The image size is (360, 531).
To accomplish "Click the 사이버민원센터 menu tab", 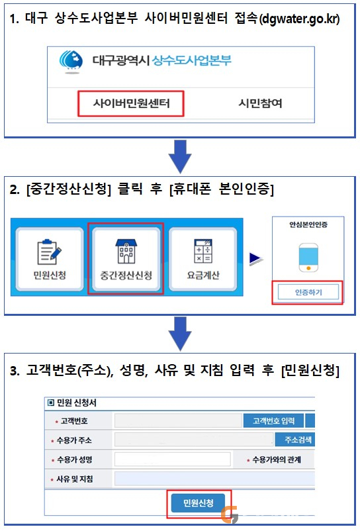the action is (x=131, y=103).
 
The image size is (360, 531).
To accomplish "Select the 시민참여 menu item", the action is (x=260, y=103).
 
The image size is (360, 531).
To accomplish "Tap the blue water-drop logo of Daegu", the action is (x=71, y=62).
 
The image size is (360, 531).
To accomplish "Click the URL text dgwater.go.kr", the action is (x=299, y=19).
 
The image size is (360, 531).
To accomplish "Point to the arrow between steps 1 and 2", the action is (x=180, y=156).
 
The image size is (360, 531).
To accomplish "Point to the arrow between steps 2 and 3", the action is (x=180, y=334).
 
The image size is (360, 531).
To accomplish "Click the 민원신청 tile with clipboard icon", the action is (x=50, y=259).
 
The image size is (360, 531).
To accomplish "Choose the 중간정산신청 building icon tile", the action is (x=126, y=259).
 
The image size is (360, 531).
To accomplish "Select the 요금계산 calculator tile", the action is (x=203, y=259).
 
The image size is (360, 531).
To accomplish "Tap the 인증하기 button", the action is (x=308, y=292).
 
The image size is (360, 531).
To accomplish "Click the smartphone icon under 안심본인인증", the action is (x=308, y=258).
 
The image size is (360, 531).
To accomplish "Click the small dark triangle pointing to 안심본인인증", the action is (x=256, y=259).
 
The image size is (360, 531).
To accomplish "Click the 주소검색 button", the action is (x=294, y=440).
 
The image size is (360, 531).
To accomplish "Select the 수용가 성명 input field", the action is (x=173, y=459).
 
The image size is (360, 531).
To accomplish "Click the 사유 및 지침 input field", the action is (x=214, y=479).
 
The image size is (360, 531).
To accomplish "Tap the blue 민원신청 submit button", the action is (x=199, y=503).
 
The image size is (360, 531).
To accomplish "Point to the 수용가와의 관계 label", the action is (x=274, y=460).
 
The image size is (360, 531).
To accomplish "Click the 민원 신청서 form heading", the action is (x=72, y=403).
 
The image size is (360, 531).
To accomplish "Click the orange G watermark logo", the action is (x=230, y=514).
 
